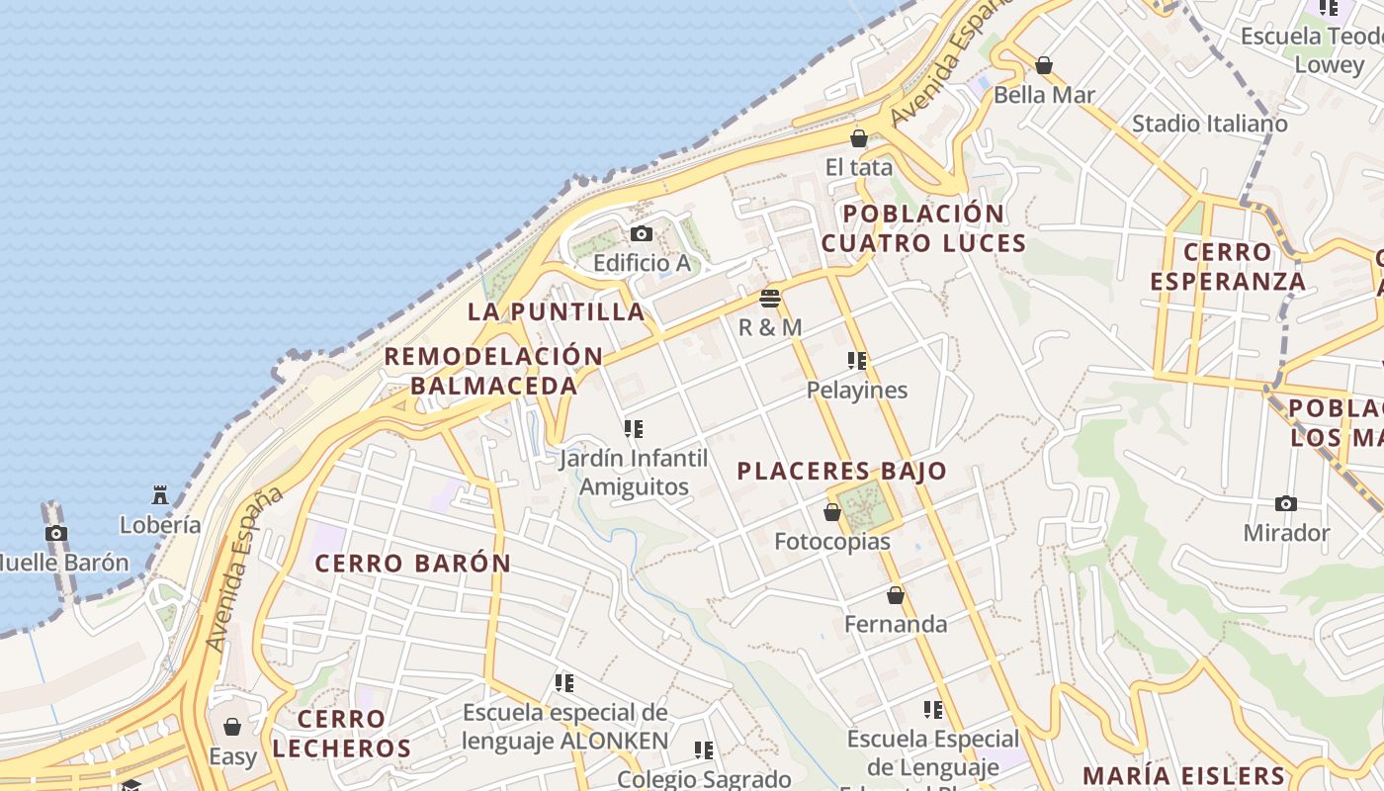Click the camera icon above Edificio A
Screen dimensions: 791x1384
tap(641, 234)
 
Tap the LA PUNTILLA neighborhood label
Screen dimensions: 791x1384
tap(556, 311)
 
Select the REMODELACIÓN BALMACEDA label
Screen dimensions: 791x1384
tap(493, 371)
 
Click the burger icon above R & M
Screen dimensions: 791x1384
tap(770, 298)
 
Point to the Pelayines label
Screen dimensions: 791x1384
tap(857, 390)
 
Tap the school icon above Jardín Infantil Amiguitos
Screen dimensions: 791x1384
tap(634, 429)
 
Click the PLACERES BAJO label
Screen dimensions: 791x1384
tap(842, 471)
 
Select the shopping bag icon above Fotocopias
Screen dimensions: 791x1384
tap(832, 512)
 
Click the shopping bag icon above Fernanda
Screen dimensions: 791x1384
tap(896, 595)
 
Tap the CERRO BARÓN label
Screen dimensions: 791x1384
tap(413, 564)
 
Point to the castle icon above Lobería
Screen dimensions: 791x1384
tap(160, 494)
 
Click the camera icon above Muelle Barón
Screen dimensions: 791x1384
tap(56, 533)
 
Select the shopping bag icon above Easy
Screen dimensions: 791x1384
tap(232, 728)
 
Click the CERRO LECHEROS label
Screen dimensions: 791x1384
tap(341, 733)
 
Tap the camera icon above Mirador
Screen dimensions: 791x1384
tap(1286, 503)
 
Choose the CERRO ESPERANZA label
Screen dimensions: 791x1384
tap(1228, 266)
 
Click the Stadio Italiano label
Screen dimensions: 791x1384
tap(1209, 124)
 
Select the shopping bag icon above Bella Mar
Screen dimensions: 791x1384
tap(1044, 66)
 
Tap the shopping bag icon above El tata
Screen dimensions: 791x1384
tap(859, 138)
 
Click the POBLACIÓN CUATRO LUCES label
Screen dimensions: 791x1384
tap(923, 227)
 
